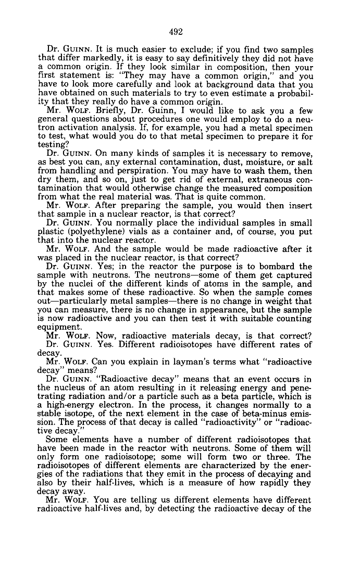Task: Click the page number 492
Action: coord(176,32)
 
